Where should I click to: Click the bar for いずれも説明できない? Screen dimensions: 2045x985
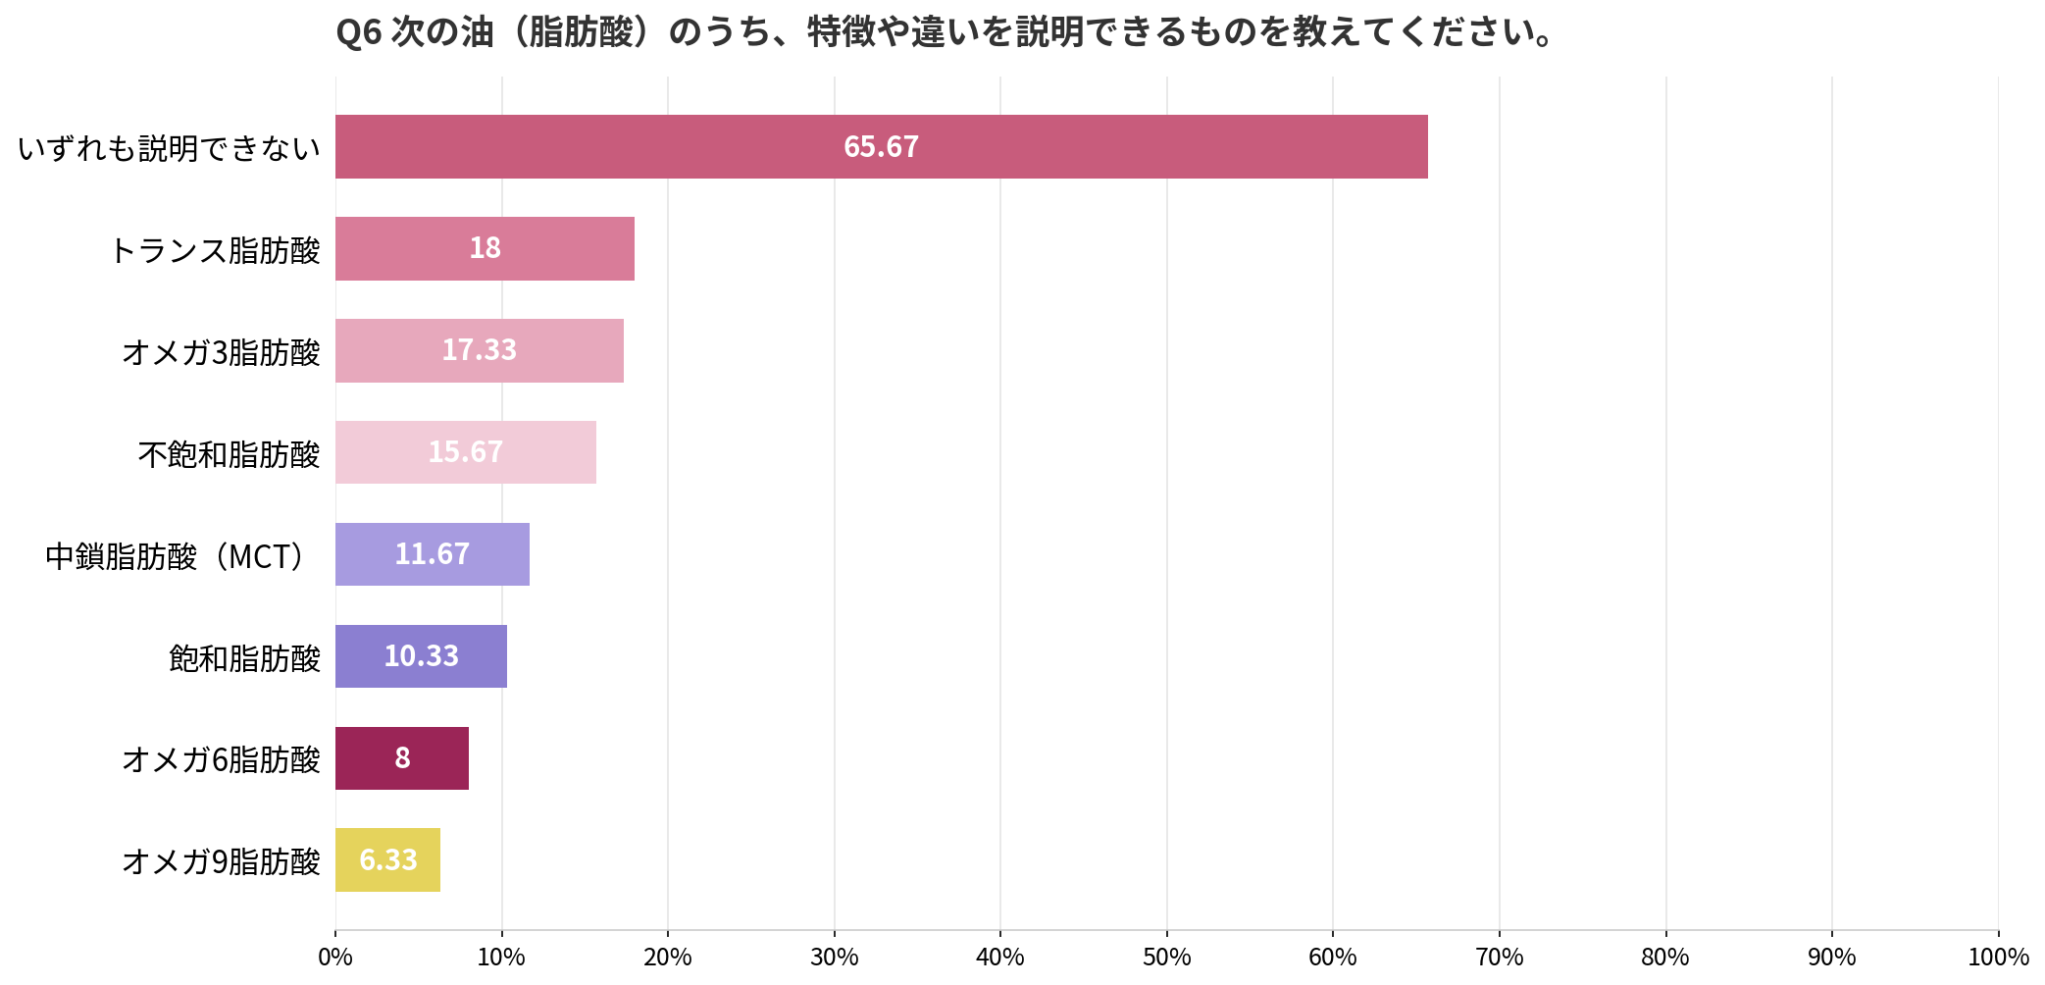[x=882, y=146]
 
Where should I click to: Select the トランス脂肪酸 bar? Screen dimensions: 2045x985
[x=485, y=248]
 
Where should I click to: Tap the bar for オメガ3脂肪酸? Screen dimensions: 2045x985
[x=480, y=350]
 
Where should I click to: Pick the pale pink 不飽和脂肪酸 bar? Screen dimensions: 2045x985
[x=466, y=452]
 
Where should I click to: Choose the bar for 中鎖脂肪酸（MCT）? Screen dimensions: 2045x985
[x=433, y=554]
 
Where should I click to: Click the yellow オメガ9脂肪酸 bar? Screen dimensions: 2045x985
[x=387, y=860]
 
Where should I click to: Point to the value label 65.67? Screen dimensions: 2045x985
[x=881, y=147]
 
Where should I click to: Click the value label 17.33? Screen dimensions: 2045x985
[x=479, y=350]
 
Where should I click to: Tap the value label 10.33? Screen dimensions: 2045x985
[x=421, y=656]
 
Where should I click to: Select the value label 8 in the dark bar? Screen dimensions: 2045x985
[x=402, y=758]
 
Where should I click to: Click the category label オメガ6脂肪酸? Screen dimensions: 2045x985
[x=222, y=759]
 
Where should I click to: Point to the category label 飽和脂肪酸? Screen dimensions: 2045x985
[x=245, y=657]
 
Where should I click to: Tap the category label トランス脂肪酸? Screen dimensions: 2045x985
[x=216, y=250]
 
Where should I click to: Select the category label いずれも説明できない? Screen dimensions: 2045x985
[x=170, y=148]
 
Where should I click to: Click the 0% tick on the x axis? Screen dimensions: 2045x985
[x=335, y=957]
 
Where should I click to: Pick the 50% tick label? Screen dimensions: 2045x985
[x=1167, y=957]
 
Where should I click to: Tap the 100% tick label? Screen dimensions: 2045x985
[x=1998, y=957]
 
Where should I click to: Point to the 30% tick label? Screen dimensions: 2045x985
[x=835, y=957]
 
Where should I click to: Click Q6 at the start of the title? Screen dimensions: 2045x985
[x=358, y=33]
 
